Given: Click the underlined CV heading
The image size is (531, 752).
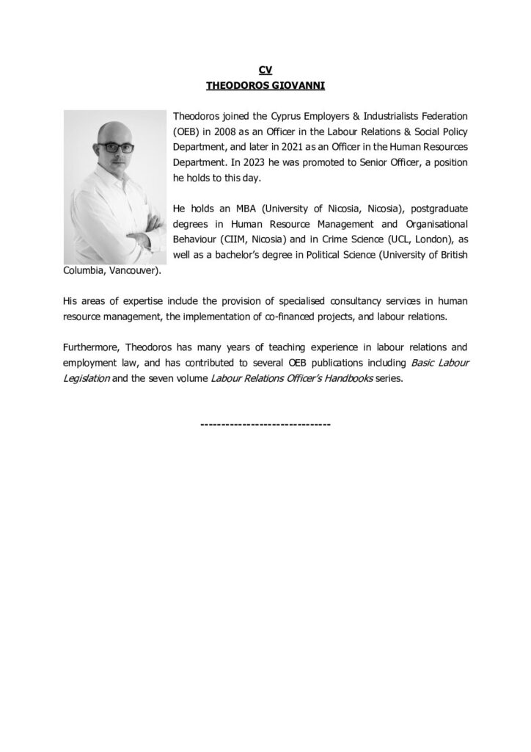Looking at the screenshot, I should pos(265,70).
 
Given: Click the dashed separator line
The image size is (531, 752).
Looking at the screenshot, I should pos(265,424).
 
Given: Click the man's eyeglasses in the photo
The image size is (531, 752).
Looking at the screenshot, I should pos(115,147).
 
